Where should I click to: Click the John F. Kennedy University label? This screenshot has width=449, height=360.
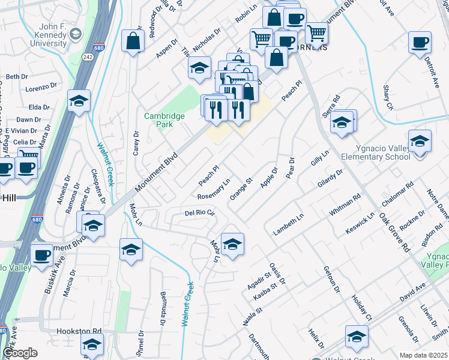[44, 35]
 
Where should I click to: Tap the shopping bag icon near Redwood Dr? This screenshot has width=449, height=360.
[133, 41]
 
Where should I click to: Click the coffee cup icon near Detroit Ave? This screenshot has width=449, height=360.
[420, 43]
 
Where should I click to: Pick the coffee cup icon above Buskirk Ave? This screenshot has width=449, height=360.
[41, 254]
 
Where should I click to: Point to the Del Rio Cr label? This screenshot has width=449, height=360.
[199, 213]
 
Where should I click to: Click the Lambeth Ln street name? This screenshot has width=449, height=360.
[289, 224]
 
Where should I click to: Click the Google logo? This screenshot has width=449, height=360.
[20, 352]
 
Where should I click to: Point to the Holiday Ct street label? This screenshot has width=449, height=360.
[362, 307]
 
